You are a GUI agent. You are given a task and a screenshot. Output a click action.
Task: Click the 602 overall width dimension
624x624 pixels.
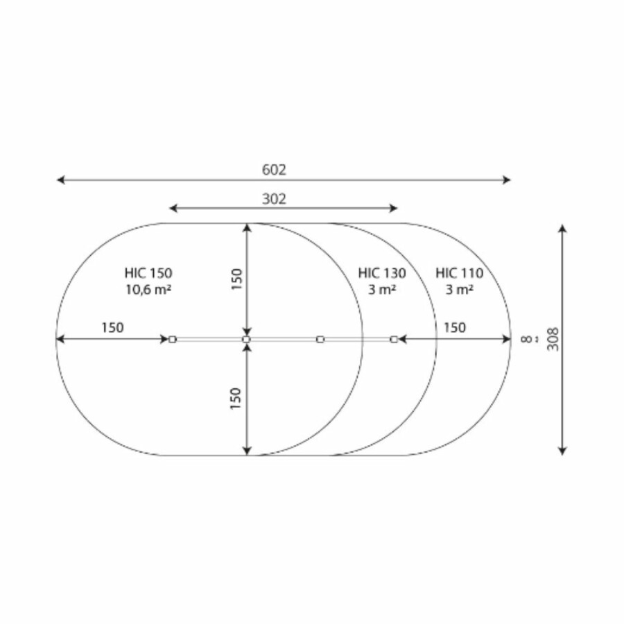pos(274,170)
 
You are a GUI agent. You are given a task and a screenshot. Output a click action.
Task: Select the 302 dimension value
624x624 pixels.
pos(274,198)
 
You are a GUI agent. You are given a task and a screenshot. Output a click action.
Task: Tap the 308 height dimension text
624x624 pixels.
pos(553,339)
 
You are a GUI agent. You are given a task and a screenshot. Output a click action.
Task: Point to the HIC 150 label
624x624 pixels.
pos(148,273)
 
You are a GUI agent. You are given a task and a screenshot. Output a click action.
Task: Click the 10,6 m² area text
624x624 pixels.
pos(148,289)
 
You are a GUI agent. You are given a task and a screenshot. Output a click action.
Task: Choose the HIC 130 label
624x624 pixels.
pos(382,273)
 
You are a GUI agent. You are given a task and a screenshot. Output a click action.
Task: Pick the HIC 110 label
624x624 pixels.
pos(459,273)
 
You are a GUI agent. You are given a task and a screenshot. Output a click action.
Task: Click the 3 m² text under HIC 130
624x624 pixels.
pos(382,289)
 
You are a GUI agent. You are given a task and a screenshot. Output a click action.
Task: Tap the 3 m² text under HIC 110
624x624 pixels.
pos(459,289)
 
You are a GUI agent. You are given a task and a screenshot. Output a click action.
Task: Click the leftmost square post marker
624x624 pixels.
pos(173,340)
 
